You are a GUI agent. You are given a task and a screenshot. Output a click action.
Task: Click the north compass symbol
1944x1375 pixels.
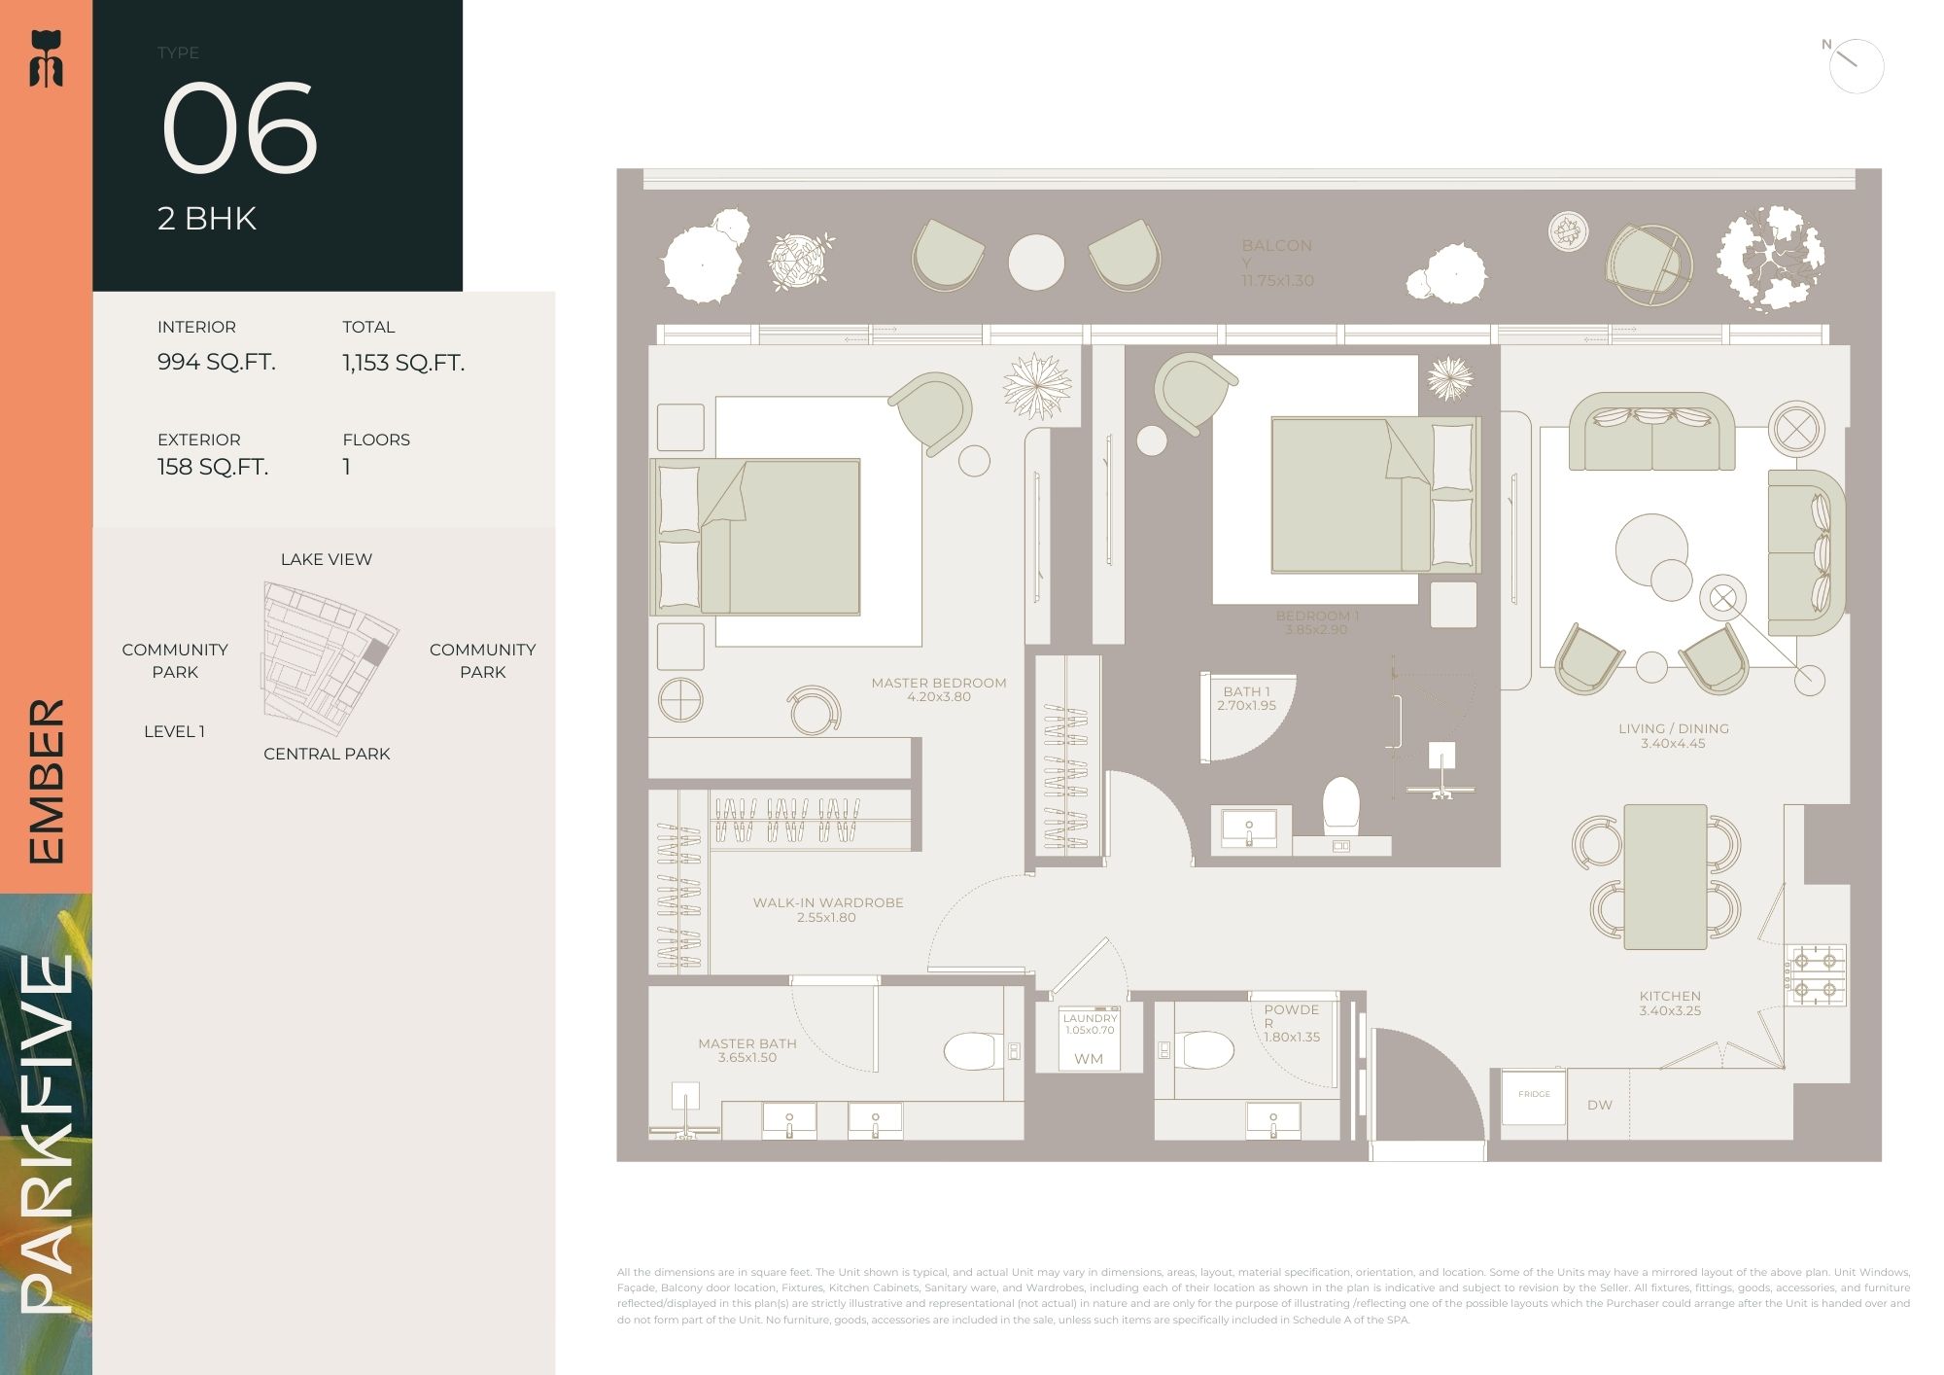(x=1856, y=66)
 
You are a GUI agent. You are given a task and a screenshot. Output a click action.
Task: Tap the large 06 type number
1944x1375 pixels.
(x=239, y=128)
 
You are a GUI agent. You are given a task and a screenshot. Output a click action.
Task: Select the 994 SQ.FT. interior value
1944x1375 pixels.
(x=217, y=362)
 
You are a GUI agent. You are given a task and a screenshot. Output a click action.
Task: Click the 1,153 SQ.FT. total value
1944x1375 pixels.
(x=403, y=363)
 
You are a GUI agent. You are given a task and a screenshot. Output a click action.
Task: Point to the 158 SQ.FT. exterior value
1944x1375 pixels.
(x=213, y=467)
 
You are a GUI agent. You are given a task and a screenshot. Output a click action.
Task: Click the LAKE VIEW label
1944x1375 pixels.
(x=327, y=559)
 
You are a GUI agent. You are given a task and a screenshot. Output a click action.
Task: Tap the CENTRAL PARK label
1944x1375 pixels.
(x=327, y=754)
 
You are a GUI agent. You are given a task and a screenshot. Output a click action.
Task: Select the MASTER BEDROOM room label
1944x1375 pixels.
(x=939, y=683)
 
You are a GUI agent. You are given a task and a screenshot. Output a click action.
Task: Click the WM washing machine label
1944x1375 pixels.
(x=1089, y=1059)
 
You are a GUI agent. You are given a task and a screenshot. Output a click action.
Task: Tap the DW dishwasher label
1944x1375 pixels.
(x=1599, y=1105)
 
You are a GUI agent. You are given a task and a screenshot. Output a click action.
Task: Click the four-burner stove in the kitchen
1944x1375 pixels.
(x=1814, y=975)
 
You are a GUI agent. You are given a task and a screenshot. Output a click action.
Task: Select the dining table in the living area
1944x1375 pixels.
(x=1665, y=876)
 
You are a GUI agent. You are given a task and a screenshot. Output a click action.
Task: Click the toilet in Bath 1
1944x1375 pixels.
(x=1341, y=804)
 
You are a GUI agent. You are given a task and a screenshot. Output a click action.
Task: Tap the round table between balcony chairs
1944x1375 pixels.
(x=1036, y=262)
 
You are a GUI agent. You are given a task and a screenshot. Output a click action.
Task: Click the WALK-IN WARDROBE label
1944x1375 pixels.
(x=828, y=902)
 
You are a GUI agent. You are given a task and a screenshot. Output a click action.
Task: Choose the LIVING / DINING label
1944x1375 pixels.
(x=1673, y=728)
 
